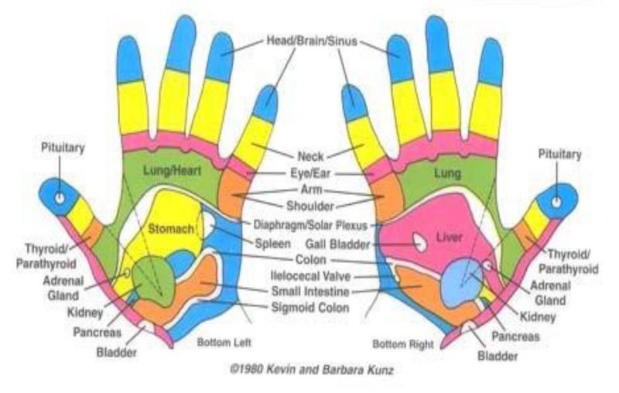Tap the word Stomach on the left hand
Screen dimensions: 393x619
point(167,229)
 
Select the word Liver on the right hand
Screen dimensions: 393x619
point(450,236)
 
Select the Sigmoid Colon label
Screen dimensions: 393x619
point(309,307)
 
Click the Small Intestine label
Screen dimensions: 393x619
point(309,292)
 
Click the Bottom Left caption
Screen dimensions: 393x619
point(224,341)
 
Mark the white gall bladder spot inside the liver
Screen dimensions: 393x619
point(420,242)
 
